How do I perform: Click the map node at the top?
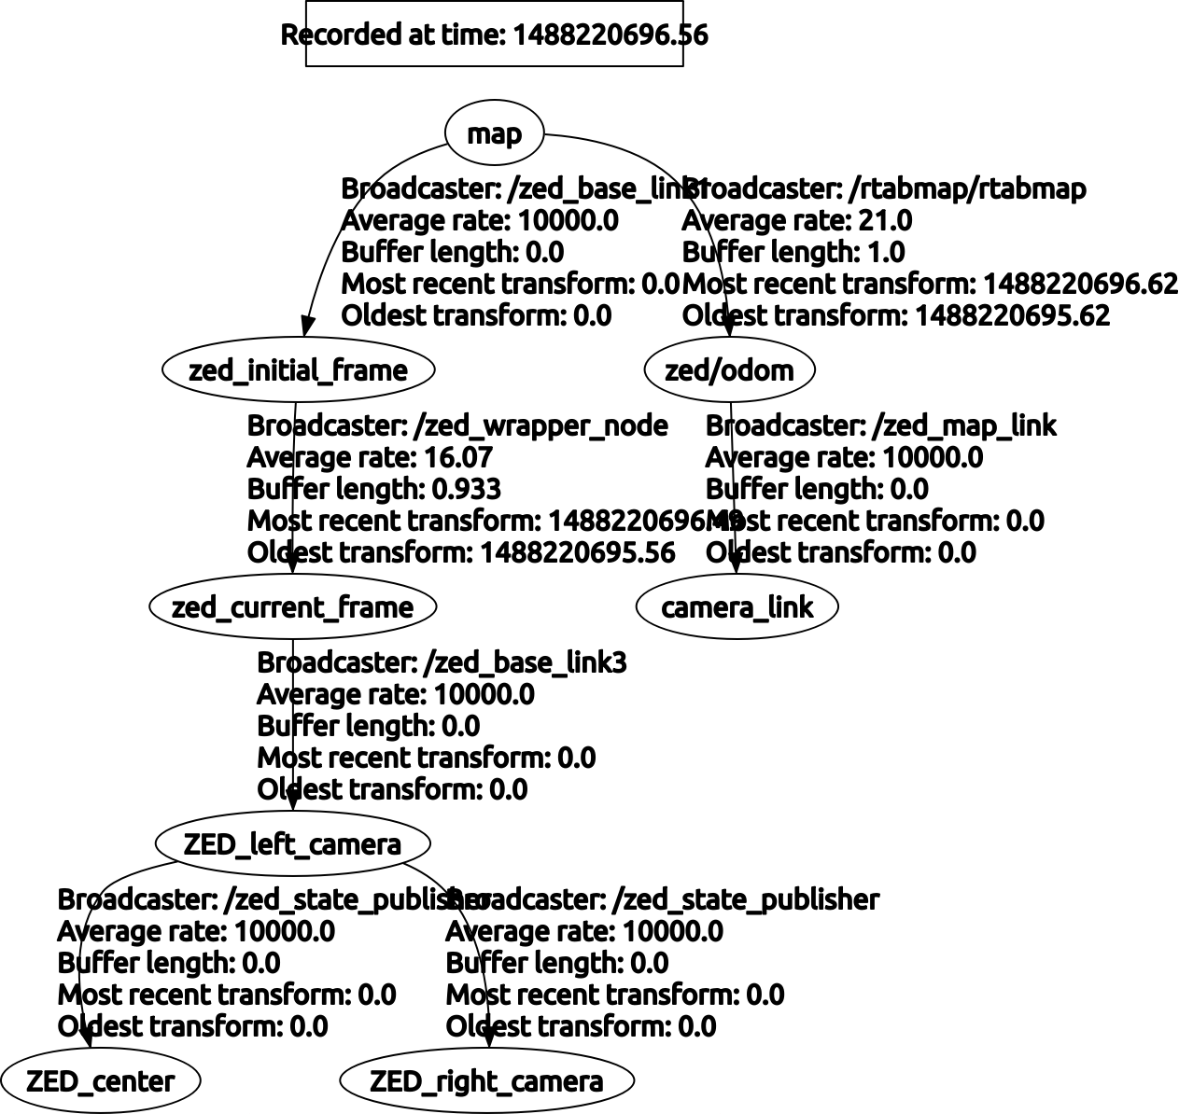point(494,134)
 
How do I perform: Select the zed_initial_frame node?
point(298,370)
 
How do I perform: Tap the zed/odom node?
point(729,370)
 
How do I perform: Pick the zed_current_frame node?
point(292,607)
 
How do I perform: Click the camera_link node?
point(737,607)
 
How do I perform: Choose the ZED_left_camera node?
point(292,844)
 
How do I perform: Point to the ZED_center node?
point(100,1081)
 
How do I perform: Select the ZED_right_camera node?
point(486,1081)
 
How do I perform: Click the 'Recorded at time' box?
point(495,35)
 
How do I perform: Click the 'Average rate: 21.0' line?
point(797,221)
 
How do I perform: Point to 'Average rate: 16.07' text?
point(370,458)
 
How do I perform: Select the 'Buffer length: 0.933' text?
point(374,490)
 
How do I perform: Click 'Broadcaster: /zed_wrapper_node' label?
point(457,426)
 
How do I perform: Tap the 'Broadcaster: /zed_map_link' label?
point(880,426)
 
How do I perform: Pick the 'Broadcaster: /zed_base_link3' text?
point(442,663)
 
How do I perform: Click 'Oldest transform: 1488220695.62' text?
point(896,316)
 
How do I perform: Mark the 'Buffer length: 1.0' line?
point(793,253)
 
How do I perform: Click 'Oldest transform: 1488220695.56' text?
point(461,553)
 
